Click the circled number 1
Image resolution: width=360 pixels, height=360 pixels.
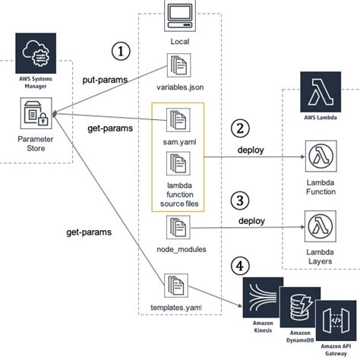[x=121, y=51]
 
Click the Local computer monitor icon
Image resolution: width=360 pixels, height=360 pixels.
[x=180, y=14]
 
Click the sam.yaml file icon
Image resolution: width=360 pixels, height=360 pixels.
[x=180, y=119]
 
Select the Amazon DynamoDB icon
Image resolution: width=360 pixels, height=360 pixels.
[x=298, y=306]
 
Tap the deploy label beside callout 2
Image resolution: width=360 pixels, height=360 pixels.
[x=251, y=150]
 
